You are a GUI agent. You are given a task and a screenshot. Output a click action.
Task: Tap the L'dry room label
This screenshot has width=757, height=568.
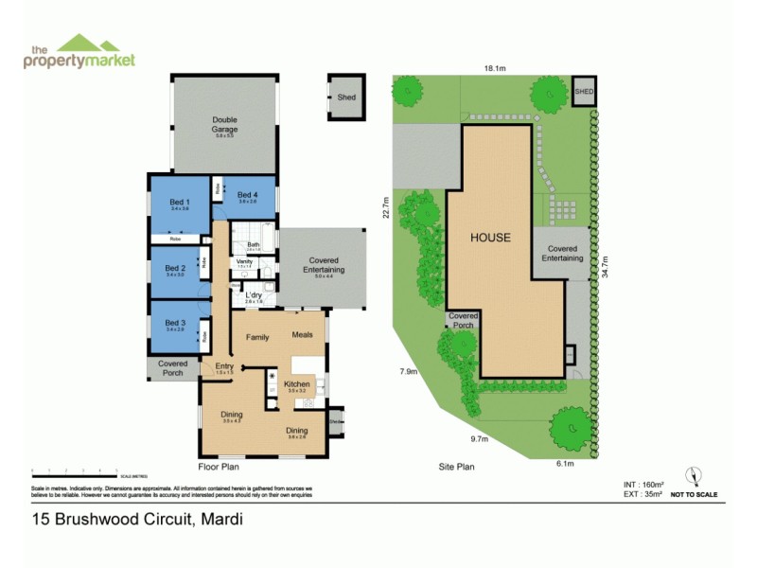pos(254,297)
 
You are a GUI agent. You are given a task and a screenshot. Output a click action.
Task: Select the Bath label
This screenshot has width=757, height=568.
pos(255,244)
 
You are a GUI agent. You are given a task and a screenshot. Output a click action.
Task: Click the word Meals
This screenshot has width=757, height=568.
pos(303,335)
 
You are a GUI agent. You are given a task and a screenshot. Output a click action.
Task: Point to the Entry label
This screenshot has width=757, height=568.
pos(224,367)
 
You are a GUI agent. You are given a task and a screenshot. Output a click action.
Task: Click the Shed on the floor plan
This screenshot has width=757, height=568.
pos(346,97)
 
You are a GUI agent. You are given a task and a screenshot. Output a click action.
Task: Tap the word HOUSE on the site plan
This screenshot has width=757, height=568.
pos(491,238)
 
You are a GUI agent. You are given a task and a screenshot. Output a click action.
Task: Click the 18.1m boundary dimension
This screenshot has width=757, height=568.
pos(496,68)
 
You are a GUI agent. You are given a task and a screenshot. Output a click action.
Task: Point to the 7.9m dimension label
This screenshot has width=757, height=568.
pos(408,371)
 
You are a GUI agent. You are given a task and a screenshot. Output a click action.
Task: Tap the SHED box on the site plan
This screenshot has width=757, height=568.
pos(584,91)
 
